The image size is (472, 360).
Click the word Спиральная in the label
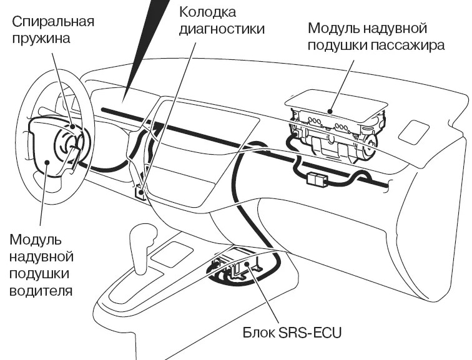[53, 22]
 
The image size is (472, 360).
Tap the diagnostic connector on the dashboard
[141, 192]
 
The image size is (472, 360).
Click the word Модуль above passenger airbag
[331, 29]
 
